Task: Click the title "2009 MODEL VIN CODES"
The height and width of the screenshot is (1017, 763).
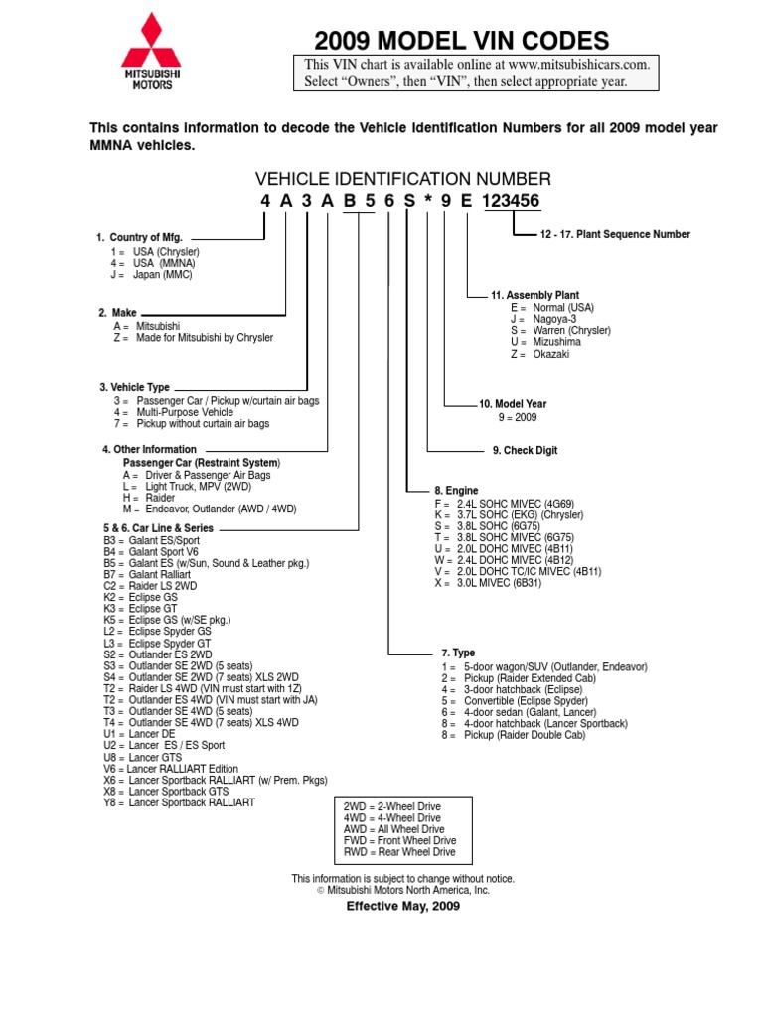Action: click(462, 41)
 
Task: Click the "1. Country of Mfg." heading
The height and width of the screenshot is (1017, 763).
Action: click(139, 238)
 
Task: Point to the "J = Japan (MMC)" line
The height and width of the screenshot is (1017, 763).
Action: click(152, 275)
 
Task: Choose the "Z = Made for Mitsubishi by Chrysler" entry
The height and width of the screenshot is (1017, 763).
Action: click(194, 338)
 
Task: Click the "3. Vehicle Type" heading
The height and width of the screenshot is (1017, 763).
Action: click(134, 387)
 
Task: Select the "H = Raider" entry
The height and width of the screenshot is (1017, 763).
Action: click(149, 498)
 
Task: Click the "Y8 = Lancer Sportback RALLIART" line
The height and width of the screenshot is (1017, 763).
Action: click(179, 802)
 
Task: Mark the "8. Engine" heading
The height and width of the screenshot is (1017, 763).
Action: click(456, 491)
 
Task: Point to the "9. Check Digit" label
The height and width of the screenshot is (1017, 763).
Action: click(525, 451)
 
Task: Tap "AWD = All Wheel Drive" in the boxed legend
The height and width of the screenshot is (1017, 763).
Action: click(394, 829)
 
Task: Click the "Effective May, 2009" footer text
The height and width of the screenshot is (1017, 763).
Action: click(402, 907)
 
